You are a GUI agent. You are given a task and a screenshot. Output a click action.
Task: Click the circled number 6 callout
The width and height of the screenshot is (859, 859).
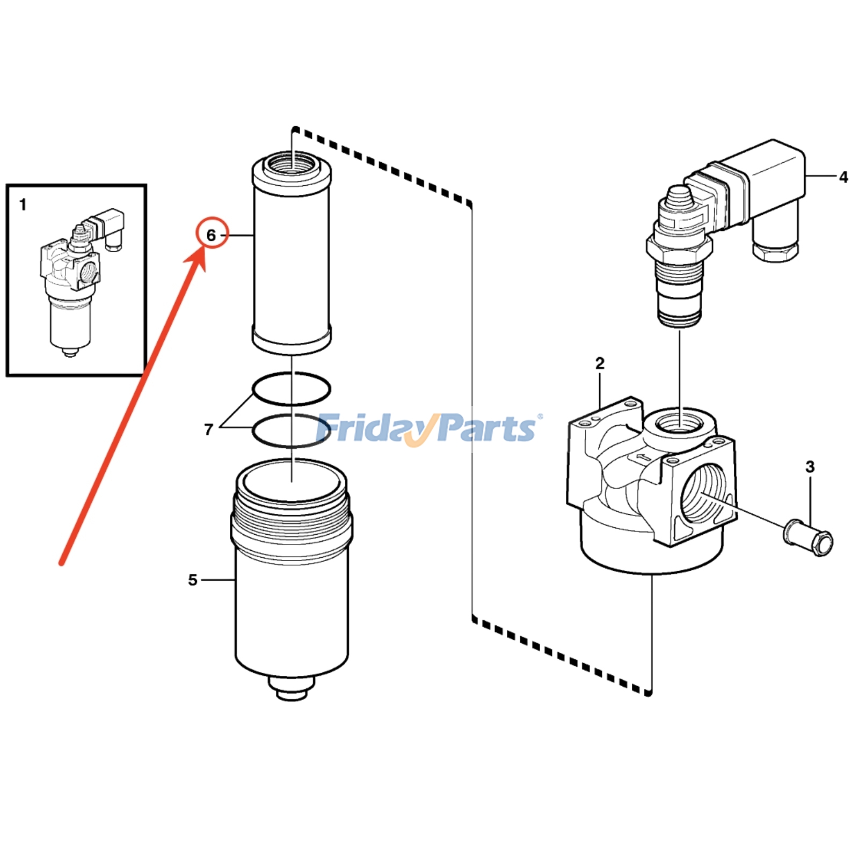point(212,235)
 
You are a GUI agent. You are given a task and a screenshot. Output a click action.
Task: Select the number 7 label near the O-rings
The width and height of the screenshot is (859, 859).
point(209,429)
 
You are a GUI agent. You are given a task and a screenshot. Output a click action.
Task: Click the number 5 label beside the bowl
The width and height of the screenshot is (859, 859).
point(193,580)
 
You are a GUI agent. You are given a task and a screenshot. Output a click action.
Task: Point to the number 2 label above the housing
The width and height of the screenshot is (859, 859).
point(600,363)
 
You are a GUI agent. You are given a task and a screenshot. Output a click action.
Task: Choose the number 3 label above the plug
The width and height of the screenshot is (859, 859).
point(810,467)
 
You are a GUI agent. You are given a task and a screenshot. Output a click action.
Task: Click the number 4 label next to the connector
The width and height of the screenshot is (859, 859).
point(843,177)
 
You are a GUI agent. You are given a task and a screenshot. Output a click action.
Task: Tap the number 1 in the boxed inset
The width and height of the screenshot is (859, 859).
point(23,205)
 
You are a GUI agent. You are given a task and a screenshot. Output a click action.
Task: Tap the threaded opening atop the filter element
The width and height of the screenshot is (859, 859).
point(292,162)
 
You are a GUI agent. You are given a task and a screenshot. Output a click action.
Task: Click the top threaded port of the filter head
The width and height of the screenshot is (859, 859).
point(679,422)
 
